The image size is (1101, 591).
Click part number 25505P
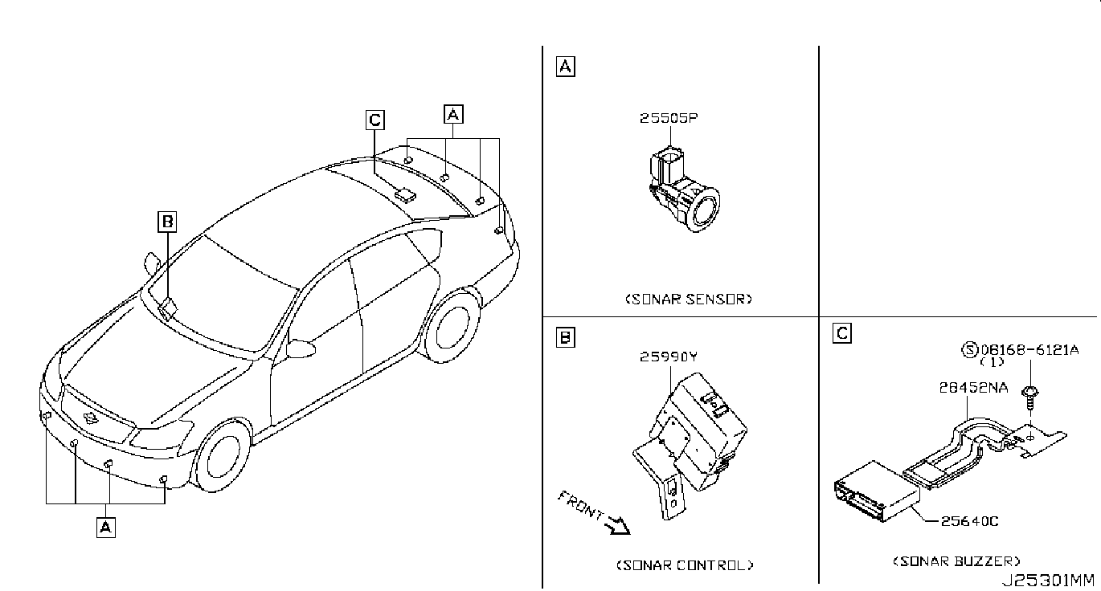[668, 118]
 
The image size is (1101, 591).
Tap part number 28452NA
[973, 387]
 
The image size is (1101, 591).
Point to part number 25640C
[969, 521]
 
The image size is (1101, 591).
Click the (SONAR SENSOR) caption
[689, 299]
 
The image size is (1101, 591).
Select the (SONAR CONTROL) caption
[685, 565]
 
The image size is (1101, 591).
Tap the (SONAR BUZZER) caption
[956, 561]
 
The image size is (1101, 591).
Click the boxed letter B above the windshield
[166, 222]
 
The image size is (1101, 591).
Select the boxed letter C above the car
[375, 120]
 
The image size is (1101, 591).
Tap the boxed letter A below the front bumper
[105, 527]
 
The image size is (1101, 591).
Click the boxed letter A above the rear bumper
[453, 115]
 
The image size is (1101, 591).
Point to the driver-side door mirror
[300, 348]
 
